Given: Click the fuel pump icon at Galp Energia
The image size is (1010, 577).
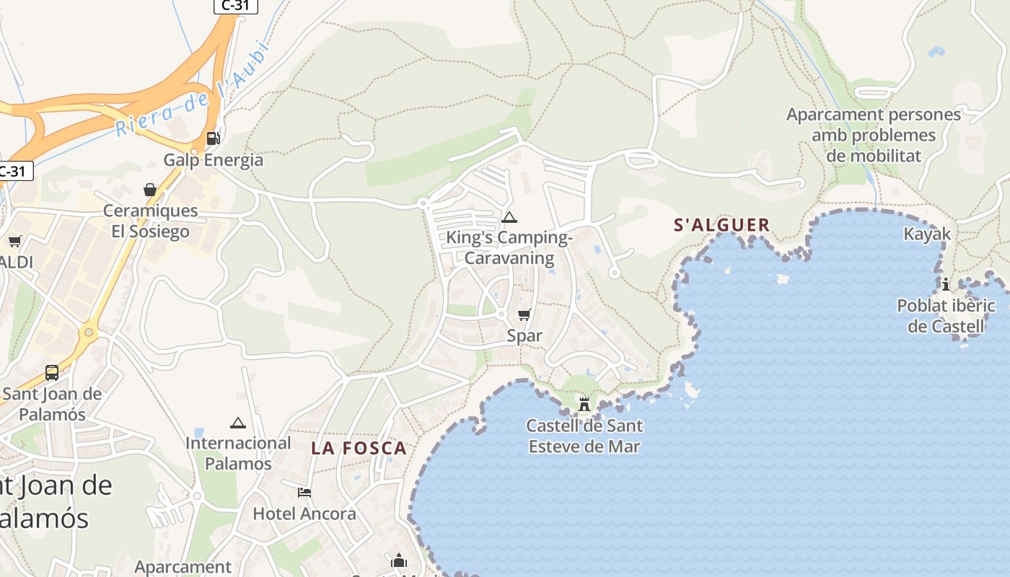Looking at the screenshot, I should pyautogui.click(x=213, y=138).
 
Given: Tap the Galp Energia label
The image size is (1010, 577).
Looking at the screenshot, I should pyautogui.click(x=213, y=159).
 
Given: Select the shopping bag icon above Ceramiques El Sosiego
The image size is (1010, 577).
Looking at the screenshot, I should pyautogui.click(x=150, y=190).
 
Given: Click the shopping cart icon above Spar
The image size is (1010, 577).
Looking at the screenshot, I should pyautogui.click(x=524, y=314).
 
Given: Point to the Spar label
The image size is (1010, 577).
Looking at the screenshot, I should pyautogui.click(x=524, y=335).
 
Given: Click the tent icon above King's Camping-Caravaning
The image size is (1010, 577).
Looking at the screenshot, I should pyautogui.click(x=509, y=217).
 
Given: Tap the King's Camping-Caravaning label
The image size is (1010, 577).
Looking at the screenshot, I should pyautogui.click(x=509, y=247).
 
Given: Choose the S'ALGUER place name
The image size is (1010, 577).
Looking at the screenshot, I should pyautogui.click(x=722, y=225).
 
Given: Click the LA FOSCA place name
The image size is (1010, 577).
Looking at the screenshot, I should pyautogui.click(x=359, y=448).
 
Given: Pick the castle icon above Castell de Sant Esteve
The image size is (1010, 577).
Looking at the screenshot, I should pyautogui.click(x=584, y=405).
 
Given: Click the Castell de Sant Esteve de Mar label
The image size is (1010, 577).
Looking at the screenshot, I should pyautogui.click(x=584, y=436).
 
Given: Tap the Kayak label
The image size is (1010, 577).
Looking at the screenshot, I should pyautogui.click(x=927, y=234).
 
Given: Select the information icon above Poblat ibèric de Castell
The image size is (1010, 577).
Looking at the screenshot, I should pyautogui.click(x=946, y=284).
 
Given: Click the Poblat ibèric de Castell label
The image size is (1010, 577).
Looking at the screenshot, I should pyautogui.click(x=946, y=316).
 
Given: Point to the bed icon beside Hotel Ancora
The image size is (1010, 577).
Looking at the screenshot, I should pyautogui.click(x=304, y=493).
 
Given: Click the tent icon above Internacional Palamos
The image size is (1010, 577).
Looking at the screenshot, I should pyautogui.click(x=237, y=422).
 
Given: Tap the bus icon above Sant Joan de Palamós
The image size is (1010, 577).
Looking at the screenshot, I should pyautogui.click(x=52, y=373).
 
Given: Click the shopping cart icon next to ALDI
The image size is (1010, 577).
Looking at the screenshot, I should pyautogui.click(x=14, y=241).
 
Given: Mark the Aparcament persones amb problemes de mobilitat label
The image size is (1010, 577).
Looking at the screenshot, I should pyautogui.click(x=874, y=135).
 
